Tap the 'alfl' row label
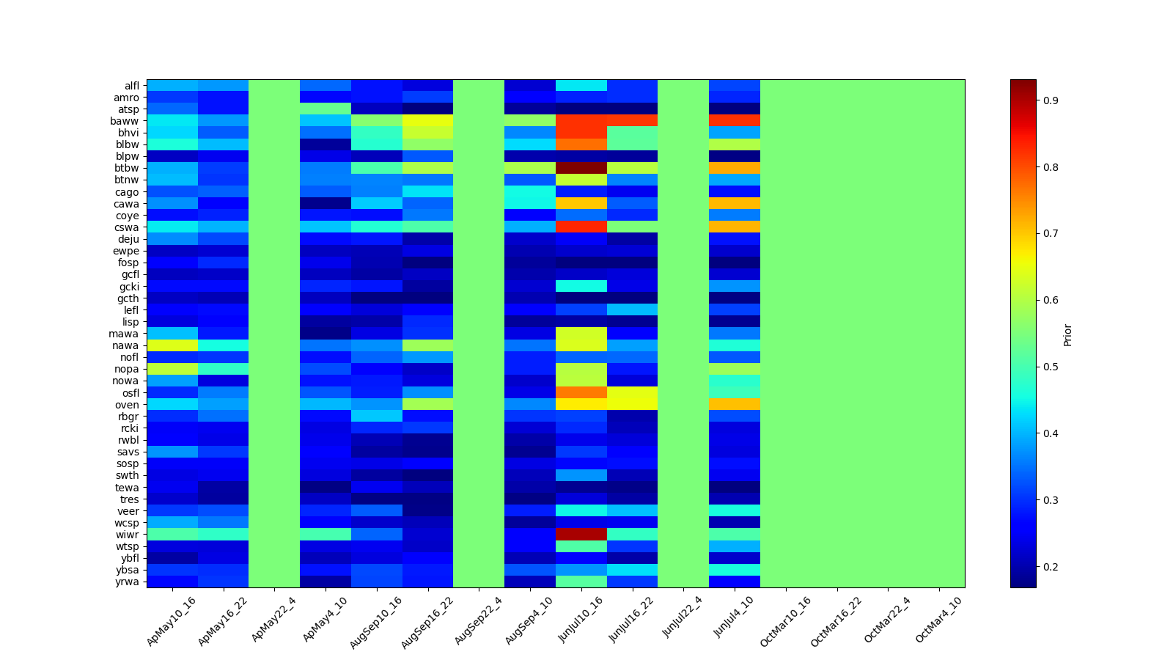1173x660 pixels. pos(132,86)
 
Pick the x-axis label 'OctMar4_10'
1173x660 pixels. pos(938,620)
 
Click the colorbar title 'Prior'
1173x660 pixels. pos(1067,334)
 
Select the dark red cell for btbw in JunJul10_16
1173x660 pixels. pos(581,168)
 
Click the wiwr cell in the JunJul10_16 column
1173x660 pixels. pos(581,535)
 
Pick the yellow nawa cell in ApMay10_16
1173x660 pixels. pos(172,345)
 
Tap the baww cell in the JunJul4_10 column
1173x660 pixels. pos(735,121)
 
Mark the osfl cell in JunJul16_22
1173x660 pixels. pos(632,393)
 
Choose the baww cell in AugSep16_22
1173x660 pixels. pos(427,121)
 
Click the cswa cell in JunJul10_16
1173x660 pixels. pos(581,227)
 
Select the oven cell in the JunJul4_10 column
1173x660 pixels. pos(735,405)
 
